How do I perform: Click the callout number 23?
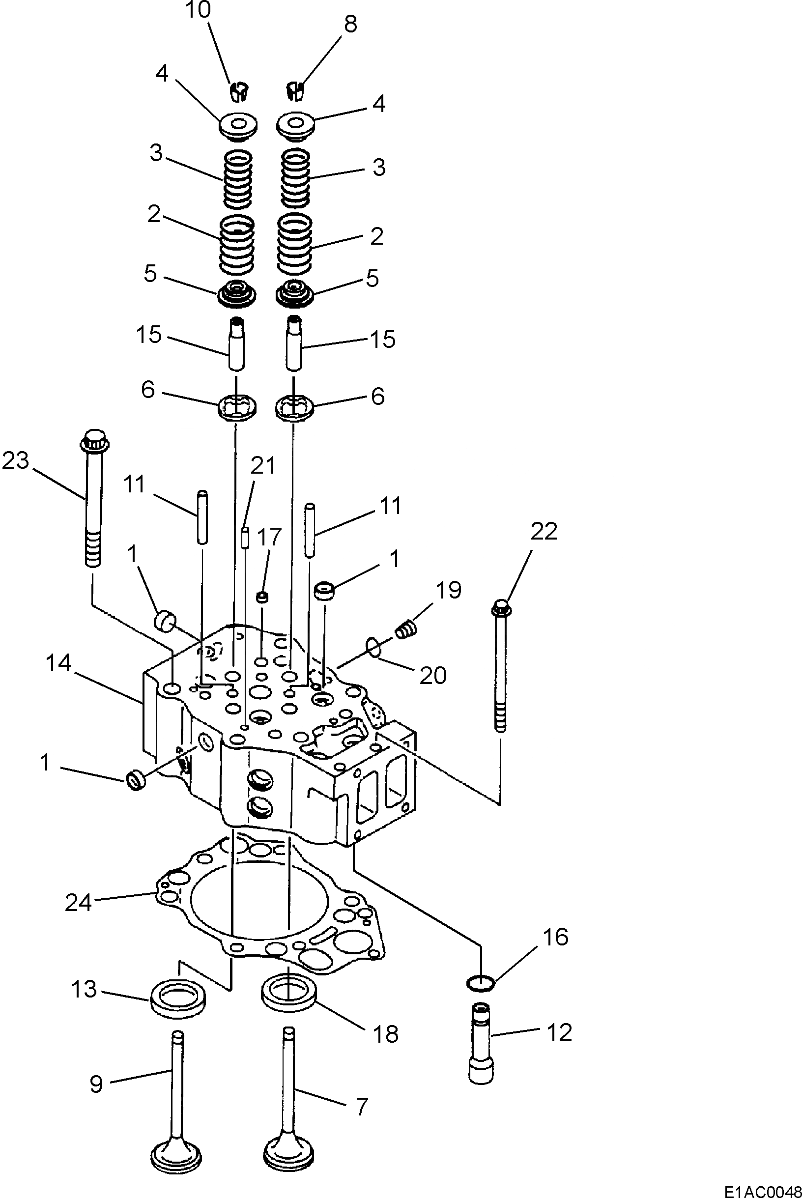click(x=15, y=461)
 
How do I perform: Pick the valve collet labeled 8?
click(x=295, y=90)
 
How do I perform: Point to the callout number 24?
click(x=78, y=903)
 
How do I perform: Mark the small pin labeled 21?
click(x=245, y=539)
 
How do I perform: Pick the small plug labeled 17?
click(x=262, y=597)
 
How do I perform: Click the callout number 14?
click(x=59, y=664)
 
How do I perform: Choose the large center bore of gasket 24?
click(x=258, y=900)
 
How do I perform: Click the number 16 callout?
click(x=554, y=937)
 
